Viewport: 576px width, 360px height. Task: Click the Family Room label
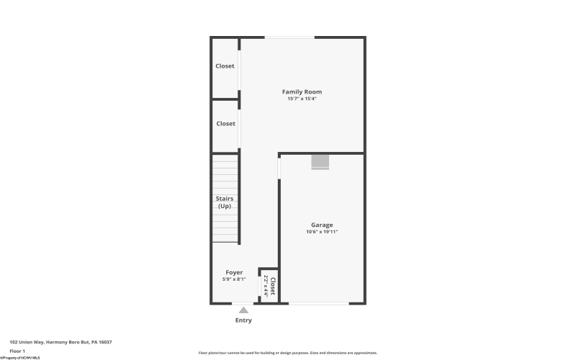[x=302, y=91]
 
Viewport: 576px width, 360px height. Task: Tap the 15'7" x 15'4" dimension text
[x=302, y=99]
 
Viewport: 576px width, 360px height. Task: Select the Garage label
[x=322, y=225]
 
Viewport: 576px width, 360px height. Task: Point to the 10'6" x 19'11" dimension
[x=322, y=232]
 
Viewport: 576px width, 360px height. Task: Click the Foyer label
[x=234, y=272]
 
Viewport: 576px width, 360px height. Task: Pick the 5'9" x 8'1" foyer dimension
[x=234, y=279]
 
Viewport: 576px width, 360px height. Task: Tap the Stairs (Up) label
[x=225, y=202]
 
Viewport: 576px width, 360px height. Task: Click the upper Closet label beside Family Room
[x=225, y=66]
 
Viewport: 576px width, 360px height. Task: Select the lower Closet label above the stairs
[x=225, y=124]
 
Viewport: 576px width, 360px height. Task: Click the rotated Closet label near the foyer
[x=272, y=285]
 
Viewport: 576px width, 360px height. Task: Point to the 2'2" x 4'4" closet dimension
[x=266, y=286]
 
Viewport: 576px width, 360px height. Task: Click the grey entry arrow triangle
[x=243, y=310]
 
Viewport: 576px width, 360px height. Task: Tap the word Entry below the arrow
[x=243, y=320]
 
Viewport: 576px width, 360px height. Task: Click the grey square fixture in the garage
[x=320, y=163]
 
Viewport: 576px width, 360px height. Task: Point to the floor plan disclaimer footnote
[x=287, y=353]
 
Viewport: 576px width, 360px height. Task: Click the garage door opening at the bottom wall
[x=319, y=303]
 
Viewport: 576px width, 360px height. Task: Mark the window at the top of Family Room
[x=289, y=37]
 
